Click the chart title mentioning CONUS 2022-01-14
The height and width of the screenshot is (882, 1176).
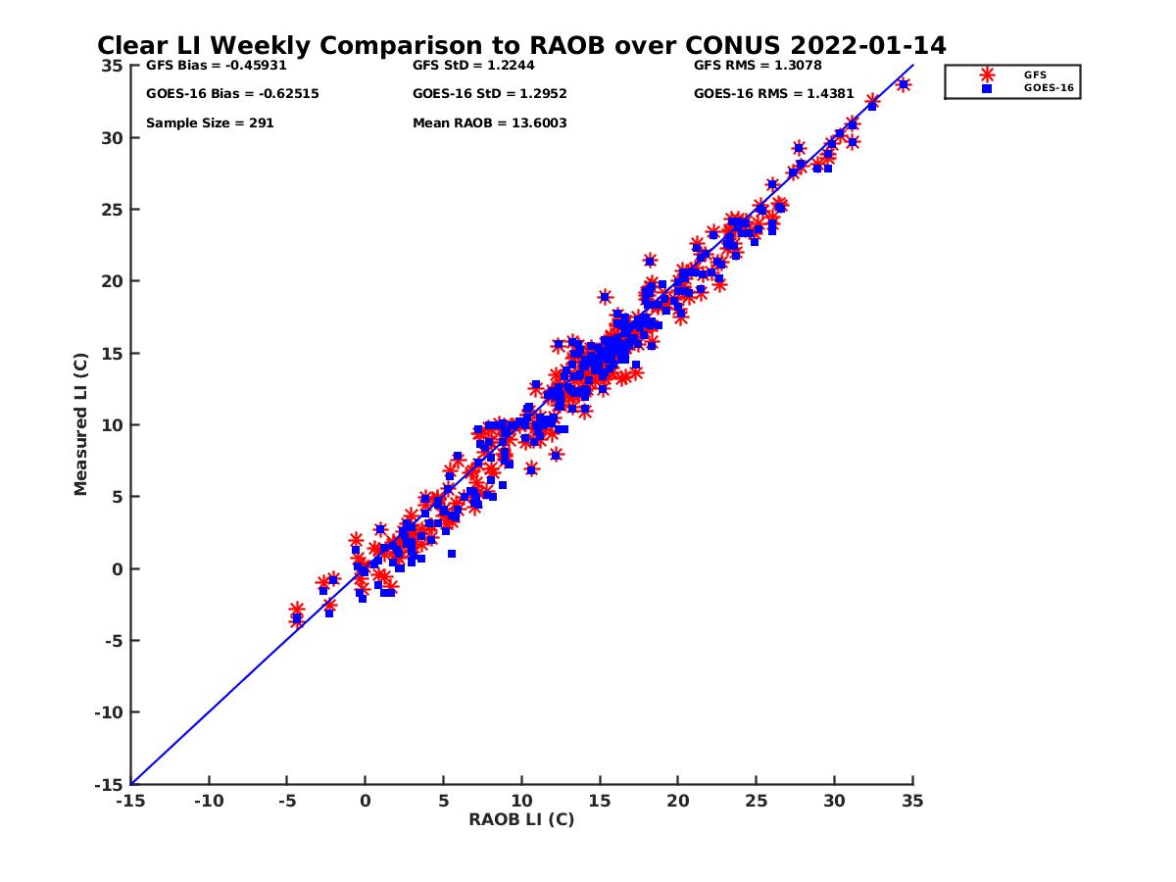coord(521,46)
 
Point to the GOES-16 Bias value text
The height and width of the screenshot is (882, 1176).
coord(232,94)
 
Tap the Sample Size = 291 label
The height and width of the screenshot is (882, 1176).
coord(210,123)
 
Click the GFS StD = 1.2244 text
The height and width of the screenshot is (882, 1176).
coord(473,67)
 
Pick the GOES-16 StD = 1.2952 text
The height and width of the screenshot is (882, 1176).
coord(490,94)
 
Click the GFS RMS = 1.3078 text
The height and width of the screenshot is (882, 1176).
coord(758,67)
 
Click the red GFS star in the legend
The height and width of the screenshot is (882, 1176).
coord(987,74)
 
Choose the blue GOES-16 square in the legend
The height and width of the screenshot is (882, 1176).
coord(987,88)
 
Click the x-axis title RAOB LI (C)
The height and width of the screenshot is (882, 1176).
coord(521,819)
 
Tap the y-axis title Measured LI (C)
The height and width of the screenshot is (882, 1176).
coord(81,424)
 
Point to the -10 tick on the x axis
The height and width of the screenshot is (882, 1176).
coord(208,801)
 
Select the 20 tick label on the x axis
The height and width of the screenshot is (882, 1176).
coord(678,801)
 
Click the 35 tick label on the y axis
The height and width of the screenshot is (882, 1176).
coord(112,66)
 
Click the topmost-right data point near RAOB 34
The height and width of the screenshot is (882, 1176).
coord(904,84)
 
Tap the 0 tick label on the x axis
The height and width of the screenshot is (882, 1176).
coord(365,801)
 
